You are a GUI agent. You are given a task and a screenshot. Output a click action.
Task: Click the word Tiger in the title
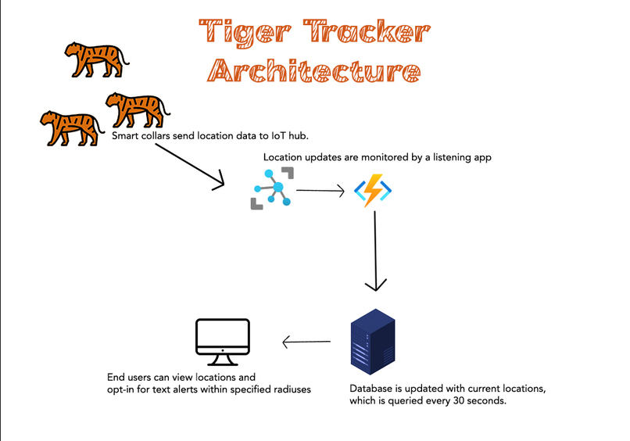coord(238,33)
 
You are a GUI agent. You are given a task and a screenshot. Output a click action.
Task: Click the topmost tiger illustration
coord(95,59)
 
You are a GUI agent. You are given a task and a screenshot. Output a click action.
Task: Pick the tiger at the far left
coord(70,127)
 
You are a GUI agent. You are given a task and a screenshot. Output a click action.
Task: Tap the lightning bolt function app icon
coord(374,190)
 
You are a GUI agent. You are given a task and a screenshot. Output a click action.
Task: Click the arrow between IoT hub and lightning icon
coord(320,190)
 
